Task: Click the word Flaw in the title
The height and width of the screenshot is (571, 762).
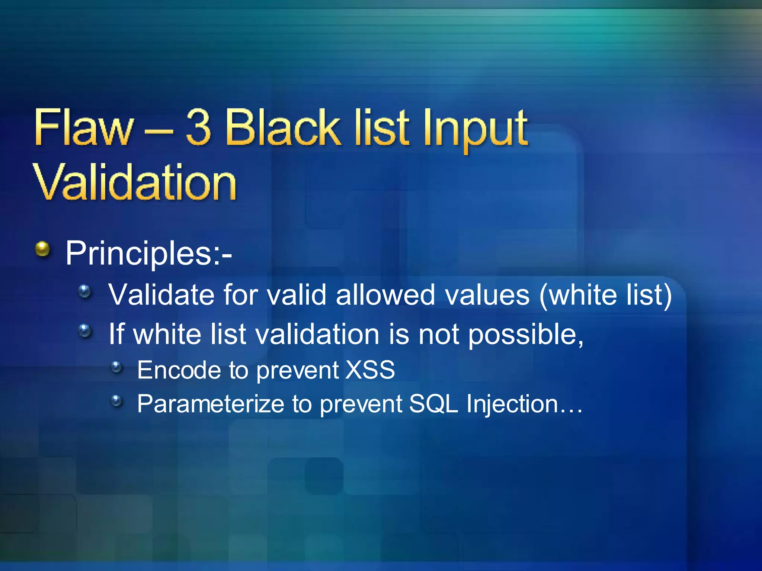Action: click(83, 128)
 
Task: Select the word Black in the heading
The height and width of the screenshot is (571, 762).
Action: click(282, 128)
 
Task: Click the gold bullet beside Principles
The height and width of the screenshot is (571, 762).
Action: click(43, 249)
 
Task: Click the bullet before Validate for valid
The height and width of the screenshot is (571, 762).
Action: click(85, 291)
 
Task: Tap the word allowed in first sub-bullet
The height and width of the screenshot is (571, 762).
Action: click(385, 295)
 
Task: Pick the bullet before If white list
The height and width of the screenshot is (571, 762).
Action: click(85, 330)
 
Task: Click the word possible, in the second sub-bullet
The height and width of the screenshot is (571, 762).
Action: click(525, 335)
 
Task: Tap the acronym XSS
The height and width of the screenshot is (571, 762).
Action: click(370, 370)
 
